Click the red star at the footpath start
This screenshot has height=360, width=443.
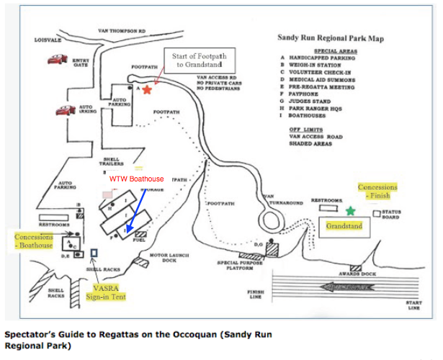click(147, 90)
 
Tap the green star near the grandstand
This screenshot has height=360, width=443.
click(351, 211)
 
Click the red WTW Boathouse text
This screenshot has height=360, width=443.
click(137, 179)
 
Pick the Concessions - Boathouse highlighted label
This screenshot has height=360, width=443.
click(34, 240)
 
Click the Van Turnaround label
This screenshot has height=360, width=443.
click(278, 199)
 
